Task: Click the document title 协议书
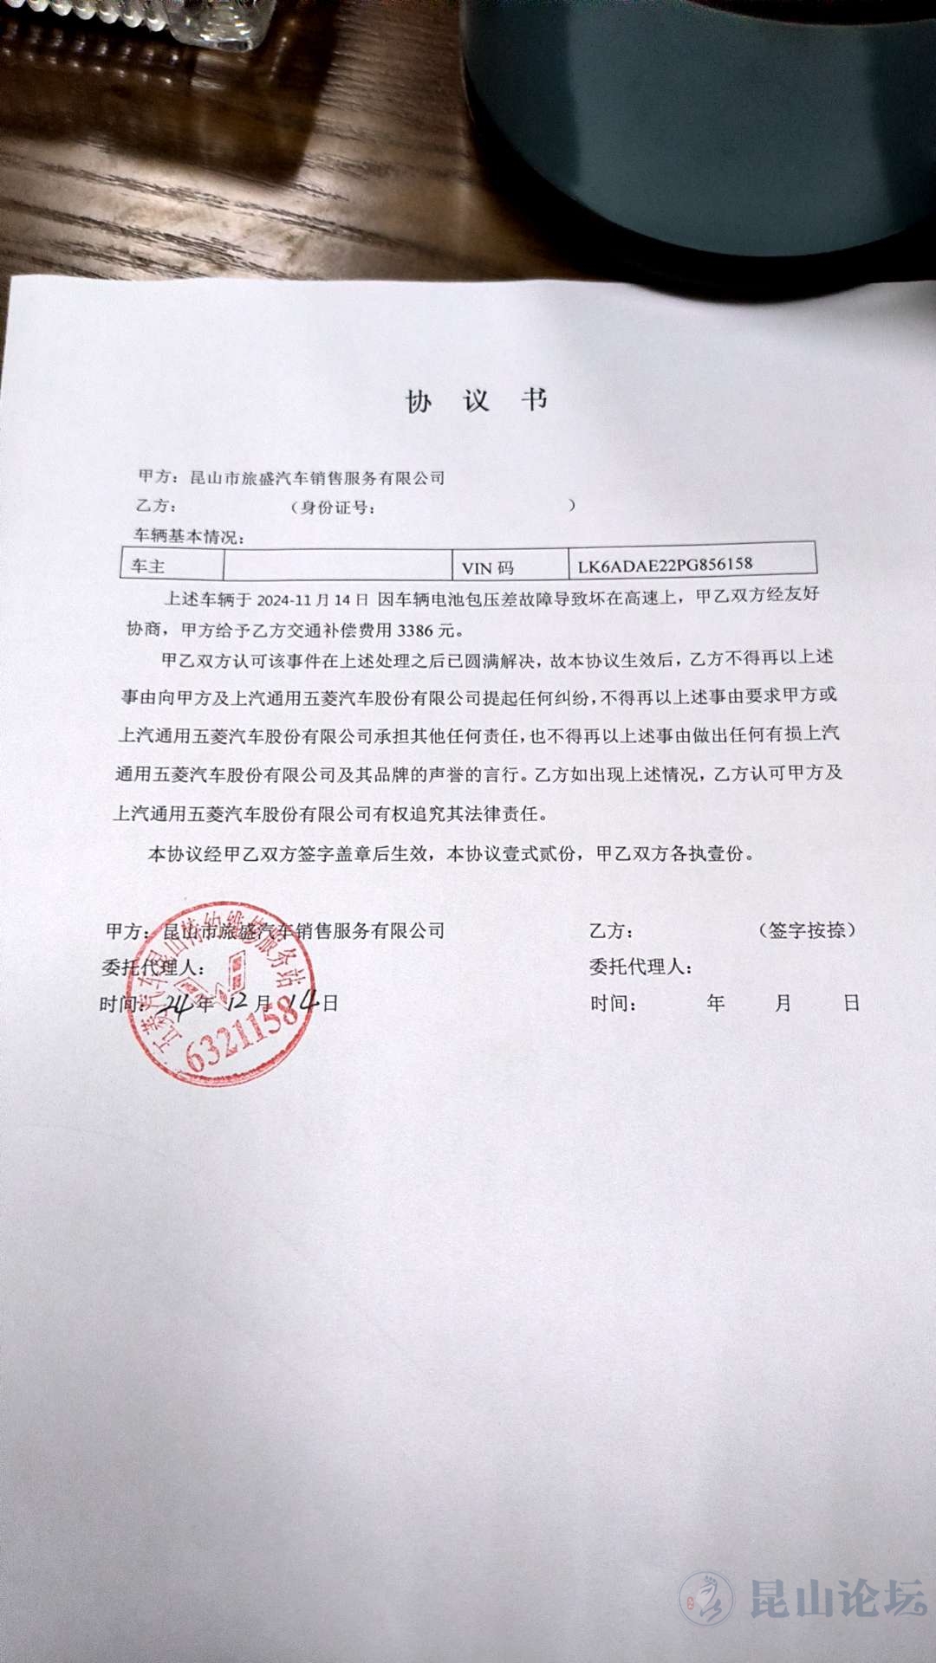[x=477, y=400]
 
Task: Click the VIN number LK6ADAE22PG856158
[x=666, y=565]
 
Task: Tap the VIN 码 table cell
[x=488, y=568]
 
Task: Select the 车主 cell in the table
[x=148, y=566]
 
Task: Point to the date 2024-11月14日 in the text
[x=312, y=599]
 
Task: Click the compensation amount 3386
[x=414, y=631]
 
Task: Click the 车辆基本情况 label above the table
[x=188, y=537]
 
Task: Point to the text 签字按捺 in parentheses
[x=807, y=930]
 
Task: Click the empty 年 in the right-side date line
[x=715, y=1003]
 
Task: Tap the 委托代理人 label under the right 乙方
[x=640, y=967]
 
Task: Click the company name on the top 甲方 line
[x=317, y=478]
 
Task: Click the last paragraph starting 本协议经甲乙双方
[x=451, y=854]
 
